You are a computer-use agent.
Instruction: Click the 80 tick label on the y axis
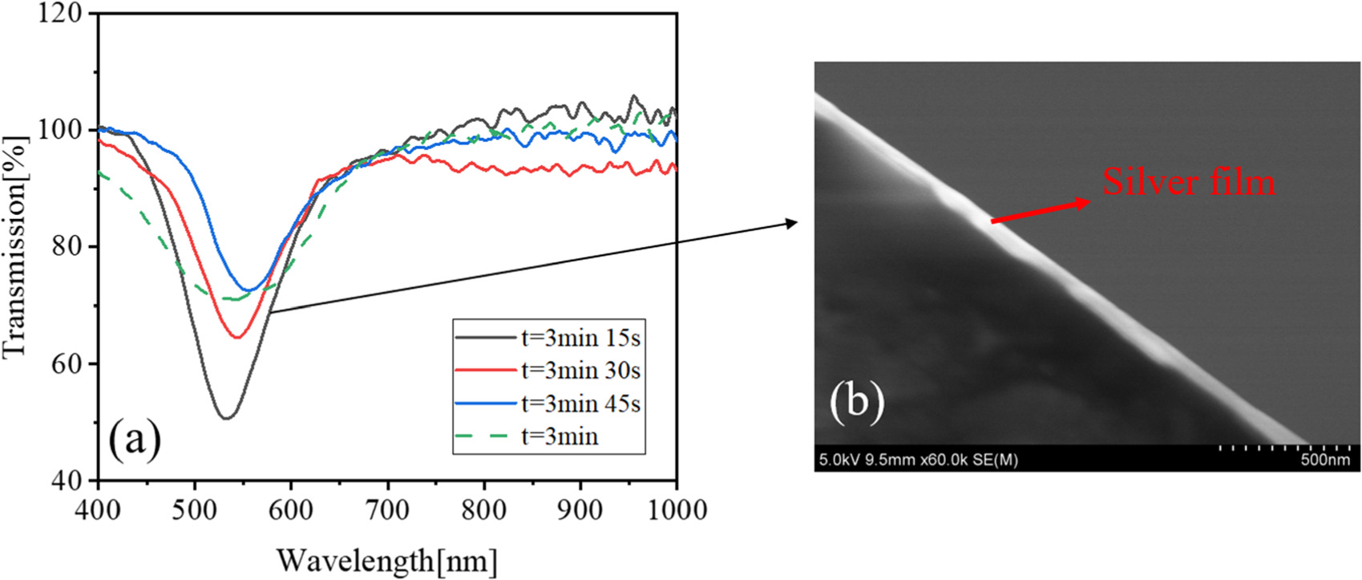click(x=67, y=246)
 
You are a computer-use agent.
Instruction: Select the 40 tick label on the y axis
click(x=67, y=481)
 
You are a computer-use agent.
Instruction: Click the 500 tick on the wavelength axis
click(x=194, y=509)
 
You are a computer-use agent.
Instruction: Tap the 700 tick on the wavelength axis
click(x=387, y=509)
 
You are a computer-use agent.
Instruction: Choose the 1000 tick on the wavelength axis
click(x=677, y=509)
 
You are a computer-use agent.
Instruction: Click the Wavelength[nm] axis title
click(x=387, y=559)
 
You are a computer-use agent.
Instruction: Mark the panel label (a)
click(x=135, y=439)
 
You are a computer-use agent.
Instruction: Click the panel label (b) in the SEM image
click(x=857, y=399)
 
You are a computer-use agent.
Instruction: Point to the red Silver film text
click(x=1188, y=181)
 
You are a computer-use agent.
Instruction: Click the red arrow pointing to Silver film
click(x=1041, y=210)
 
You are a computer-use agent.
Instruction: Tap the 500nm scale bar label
click(x=1324, y=460)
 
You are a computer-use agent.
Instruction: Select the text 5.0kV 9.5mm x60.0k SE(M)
click(x=918, y=460)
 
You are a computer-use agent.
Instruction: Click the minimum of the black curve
click(x=226, y=418)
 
